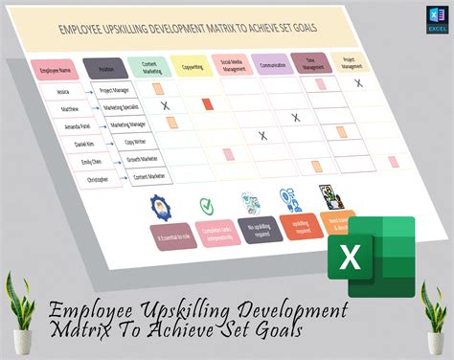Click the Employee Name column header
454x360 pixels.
click(56, 71)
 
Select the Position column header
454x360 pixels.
click(104, 68)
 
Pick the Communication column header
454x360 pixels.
click(273, 65)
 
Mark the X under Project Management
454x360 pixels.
click(359, 83)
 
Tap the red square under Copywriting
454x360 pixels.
click(208, 102)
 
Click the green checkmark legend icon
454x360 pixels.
click(204, 204)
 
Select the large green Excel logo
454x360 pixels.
click(372, 251)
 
